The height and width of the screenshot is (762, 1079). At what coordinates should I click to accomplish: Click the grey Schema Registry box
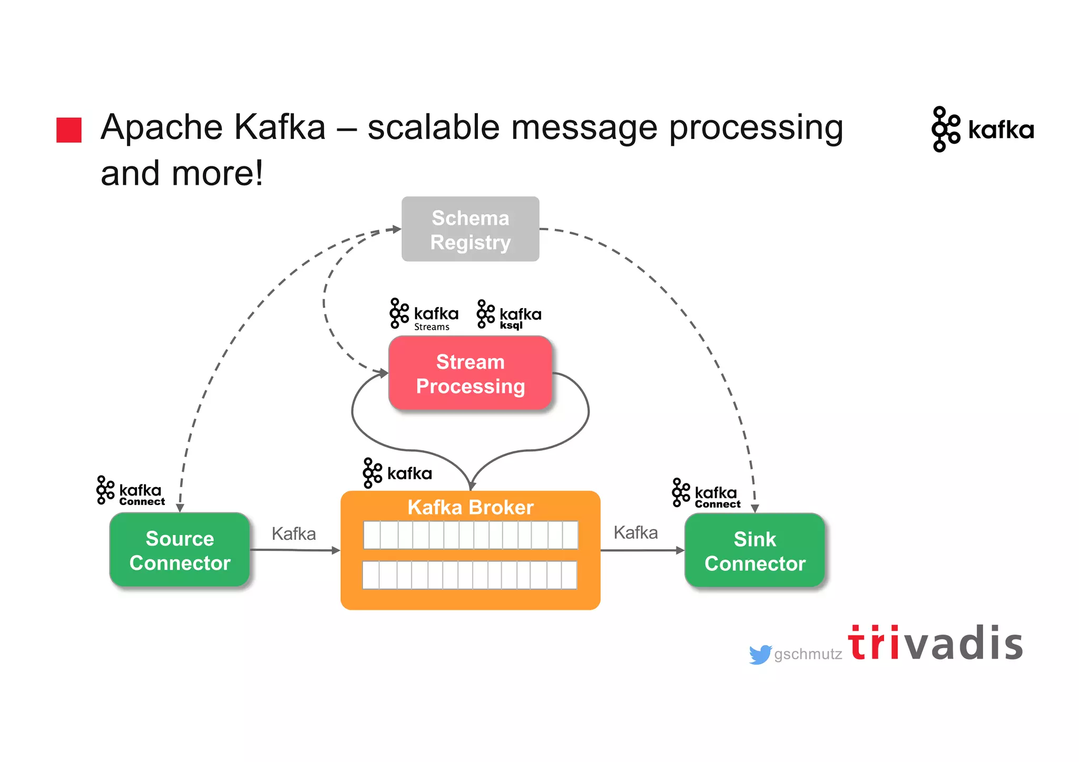(470, 229)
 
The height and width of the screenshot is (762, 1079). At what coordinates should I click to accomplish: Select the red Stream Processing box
(470, 373)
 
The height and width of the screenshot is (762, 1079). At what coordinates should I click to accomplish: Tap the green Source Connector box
(180, 550)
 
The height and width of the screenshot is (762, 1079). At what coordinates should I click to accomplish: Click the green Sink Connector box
(754, 550)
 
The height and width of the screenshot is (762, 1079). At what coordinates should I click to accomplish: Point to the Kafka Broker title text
(470, 507)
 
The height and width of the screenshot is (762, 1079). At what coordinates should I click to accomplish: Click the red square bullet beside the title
(69, 130)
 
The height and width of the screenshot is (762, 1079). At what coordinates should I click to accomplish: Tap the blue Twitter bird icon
(760, 655)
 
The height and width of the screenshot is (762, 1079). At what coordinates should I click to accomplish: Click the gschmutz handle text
(808, 654)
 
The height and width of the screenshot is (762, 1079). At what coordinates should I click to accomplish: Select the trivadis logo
(935, 643)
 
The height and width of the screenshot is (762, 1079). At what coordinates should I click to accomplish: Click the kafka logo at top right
(983, 129)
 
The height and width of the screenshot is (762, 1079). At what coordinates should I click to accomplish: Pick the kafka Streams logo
(424, 314)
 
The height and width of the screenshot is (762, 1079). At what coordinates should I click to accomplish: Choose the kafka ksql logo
(508, 314)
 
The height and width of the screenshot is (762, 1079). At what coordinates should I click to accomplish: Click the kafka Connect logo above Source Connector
(131, 491)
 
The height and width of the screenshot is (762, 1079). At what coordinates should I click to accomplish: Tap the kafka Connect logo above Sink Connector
(706, 493)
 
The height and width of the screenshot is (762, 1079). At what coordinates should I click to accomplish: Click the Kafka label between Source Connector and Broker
(293, 533)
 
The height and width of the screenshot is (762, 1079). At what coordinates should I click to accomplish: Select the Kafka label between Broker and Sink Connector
(635, 532)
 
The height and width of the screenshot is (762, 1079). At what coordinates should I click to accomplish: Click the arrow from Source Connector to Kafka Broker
(295, 550)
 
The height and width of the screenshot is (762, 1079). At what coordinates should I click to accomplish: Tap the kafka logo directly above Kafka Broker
(397, 473)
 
